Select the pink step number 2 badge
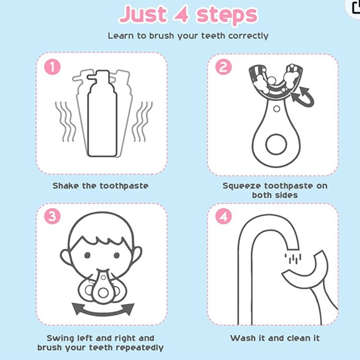click(x=223, y=66)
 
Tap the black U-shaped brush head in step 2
click(x=274, y=84)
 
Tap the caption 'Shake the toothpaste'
click(x=101, y=186)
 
